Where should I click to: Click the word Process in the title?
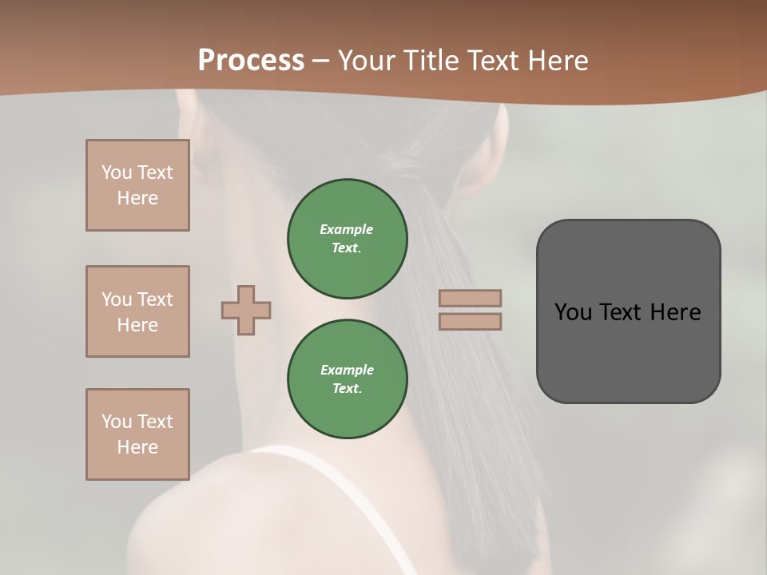coord(251,60)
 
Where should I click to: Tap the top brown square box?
coord(137,185)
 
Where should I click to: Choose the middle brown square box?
coord(137,311)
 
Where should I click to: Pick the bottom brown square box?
coord(137,434)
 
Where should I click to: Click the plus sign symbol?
coord(246,310)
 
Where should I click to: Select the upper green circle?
coord(347,239)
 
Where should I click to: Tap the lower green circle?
coord(347,379)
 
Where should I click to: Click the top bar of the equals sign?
coord(471,298)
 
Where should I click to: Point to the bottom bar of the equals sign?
coord(471,321)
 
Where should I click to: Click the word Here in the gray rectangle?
coord(675,312)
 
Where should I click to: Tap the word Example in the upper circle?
coord(347,229)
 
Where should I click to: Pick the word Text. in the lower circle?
coord(347,389)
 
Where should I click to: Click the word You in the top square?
coord(117,172)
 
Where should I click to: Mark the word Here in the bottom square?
coord(137,447)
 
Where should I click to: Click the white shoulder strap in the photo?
coord(376,511)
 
